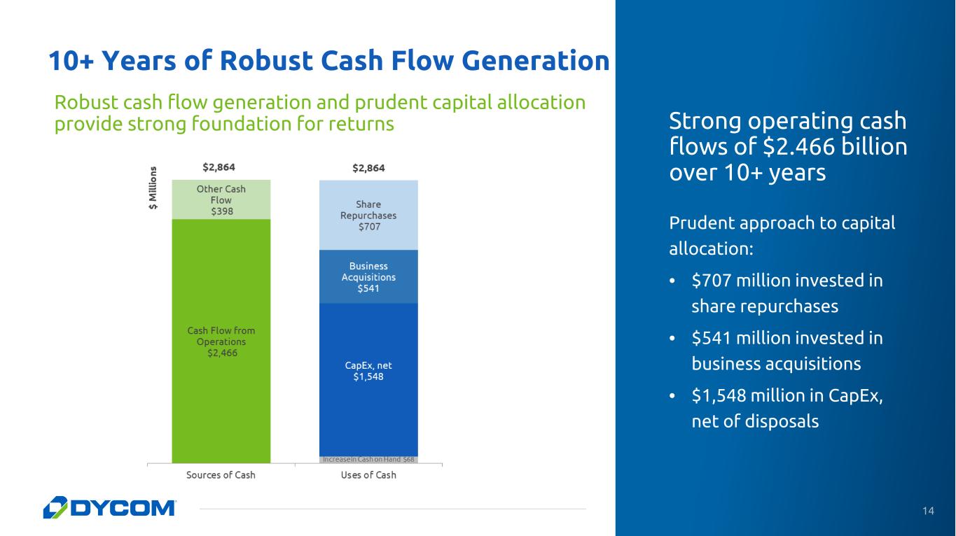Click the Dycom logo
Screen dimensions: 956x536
tap(109, 507)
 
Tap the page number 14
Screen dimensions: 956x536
tap(928, 511)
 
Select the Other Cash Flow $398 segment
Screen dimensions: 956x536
tap(221, 199)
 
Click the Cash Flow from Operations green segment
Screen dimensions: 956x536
tap(221, 341)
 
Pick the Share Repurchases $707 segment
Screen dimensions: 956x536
tap(368, 215)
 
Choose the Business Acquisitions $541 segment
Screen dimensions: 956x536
tap(368, 276)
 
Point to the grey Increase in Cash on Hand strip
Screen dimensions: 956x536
tap(368, 460)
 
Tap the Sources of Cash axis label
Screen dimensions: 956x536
tap(221, 475)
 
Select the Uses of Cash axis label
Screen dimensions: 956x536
tap(368, 475)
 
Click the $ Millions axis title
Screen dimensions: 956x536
tap(153, 188)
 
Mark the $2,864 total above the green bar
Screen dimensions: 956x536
tap(219, 167)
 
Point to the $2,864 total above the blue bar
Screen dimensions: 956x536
tap(368, 168)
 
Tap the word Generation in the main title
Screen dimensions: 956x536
tap(536, 60)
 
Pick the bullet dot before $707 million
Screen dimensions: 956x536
tap(672, 281)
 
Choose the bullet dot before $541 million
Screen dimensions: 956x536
tap(672, 339)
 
